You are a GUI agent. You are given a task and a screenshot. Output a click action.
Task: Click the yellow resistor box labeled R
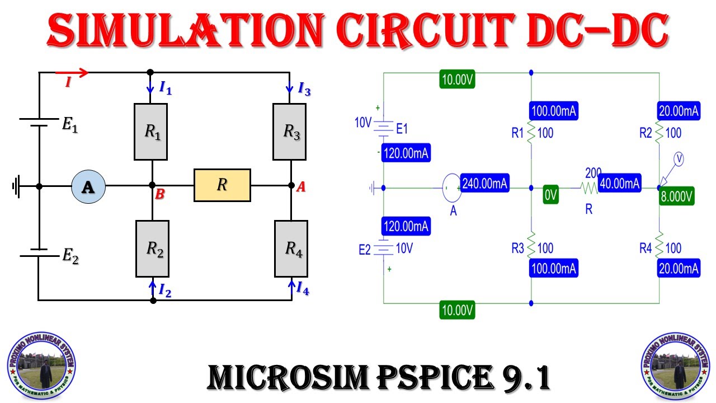point(222,185)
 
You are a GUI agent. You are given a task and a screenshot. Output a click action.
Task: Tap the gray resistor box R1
point(151,132)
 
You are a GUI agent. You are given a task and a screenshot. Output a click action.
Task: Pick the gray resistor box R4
point(291,249)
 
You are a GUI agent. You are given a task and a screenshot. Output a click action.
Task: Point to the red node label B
point(159,195)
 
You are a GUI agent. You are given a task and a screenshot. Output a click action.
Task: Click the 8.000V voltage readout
point(677,197)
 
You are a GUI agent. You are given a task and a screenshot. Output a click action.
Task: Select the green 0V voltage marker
point(550,195)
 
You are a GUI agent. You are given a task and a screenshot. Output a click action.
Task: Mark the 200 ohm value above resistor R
point(593,171)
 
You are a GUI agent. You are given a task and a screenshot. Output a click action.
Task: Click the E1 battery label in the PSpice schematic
point(402,129)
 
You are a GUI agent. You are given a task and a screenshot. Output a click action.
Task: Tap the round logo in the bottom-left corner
point(41,367)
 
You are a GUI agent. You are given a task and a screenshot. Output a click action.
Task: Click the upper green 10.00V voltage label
point(457,80)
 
